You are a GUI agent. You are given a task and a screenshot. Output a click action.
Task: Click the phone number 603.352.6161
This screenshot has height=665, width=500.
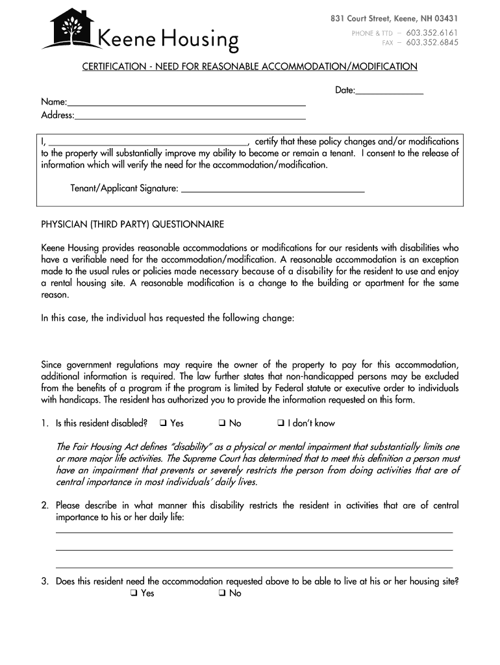(x=432, y=32)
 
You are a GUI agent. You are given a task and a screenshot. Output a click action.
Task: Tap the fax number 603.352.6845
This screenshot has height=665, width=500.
(x=432, y=43)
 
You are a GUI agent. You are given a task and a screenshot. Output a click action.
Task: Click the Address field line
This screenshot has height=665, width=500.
(x=190, y=118)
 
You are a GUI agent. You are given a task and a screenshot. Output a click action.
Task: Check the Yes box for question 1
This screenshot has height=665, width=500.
(x=163, y=423)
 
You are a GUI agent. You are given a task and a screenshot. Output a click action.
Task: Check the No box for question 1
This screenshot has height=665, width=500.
(x=221, y=423)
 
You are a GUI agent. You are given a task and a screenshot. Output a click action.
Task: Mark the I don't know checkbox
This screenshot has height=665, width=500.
(x=281, y=423)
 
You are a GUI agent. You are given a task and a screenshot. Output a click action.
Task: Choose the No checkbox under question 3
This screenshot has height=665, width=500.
(x=221, y=594)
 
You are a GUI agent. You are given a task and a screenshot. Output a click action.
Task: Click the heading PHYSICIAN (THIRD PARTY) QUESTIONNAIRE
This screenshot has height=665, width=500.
(x=132, y=224)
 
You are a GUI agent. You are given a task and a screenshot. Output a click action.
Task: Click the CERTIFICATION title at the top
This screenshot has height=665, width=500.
(x=249, y=66)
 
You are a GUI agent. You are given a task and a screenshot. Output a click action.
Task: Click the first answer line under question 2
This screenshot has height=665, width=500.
(x=255, y=532)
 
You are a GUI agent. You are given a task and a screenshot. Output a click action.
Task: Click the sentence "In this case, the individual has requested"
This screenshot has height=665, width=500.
(x=168, y=318)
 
